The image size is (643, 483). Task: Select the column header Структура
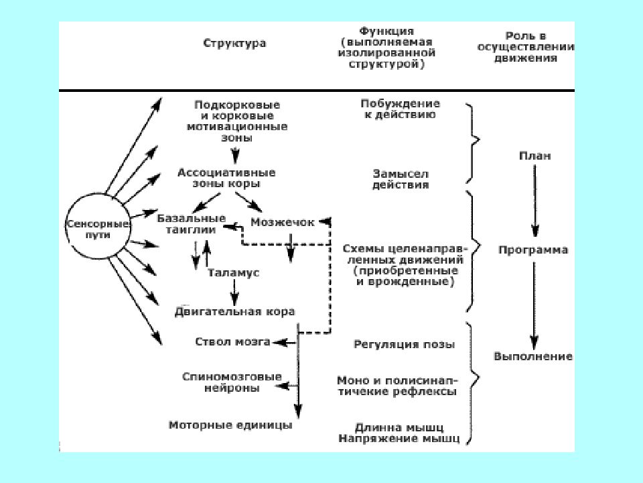[x=234, y=43]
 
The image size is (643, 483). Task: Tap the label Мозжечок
[x=283, y=222]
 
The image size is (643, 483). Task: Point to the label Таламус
[x=233, y=273]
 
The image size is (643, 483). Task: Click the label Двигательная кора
[x=234, y=312]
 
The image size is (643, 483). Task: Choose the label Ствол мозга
[x=232, y=341]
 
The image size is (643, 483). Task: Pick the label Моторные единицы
[x=230, y=425]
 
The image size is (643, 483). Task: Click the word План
[x=534, y=156]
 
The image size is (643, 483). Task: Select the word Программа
[x=533, y=250]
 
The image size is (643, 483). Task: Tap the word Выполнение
[x=533, y=356]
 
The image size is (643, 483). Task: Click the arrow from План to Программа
[x=534, y=201]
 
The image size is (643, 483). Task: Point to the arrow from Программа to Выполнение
[x=534, y=306]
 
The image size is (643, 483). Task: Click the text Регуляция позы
[x=405, y=344]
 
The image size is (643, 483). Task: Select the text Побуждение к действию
[x=401, y=109]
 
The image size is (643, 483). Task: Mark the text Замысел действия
[x=401, y=179]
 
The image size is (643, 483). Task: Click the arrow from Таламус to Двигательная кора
[x=234, y=293]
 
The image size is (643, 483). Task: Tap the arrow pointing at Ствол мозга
[x=285, y=342]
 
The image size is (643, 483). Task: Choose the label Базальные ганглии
[x=192, y=224]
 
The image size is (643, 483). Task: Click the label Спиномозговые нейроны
[x=232, y=382]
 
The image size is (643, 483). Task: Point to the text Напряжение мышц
[x=399, y=439]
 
